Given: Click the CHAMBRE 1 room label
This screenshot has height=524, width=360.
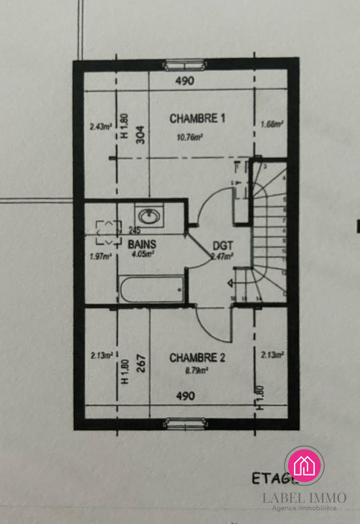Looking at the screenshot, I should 197,119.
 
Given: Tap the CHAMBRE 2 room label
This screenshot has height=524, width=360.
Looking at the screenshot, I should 197,358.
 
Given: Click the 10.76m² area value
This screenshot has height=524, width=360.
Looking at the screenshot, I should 189,137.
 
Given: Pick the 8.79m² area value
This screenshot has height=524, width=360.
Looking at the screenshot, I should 196,371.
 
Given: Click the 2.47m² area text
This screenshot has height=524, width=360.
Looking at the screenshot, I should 222,256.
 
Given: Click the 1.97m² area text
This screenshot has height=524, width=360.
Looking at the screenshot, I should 99,256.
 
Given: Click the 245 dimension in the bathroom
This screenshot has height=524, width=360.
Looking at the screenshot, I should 135,230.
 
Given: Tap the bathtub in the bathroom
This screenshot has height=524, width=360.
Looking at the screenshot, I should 151,288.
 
